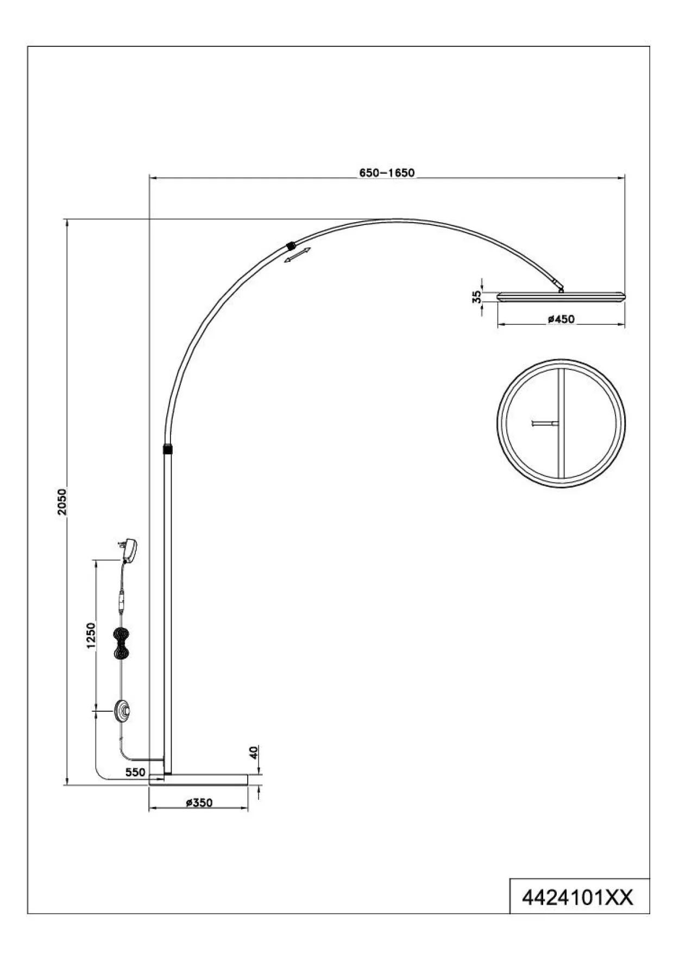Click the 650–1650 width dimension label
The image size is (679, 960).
point(386,173)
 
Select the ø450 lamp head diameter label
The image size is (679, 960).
point(561,319)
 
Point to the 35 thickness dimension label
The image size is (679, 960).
point(476,297)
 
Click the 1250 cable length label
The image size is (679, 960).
point(90,635)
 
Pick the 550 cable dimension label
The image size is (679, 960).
point(135,772)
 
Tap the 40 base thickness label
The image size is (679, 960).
point(254,752)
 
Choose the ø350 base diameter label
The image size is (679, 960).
point(199,802)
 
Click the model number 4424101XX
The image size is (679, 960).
point(577,898)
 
